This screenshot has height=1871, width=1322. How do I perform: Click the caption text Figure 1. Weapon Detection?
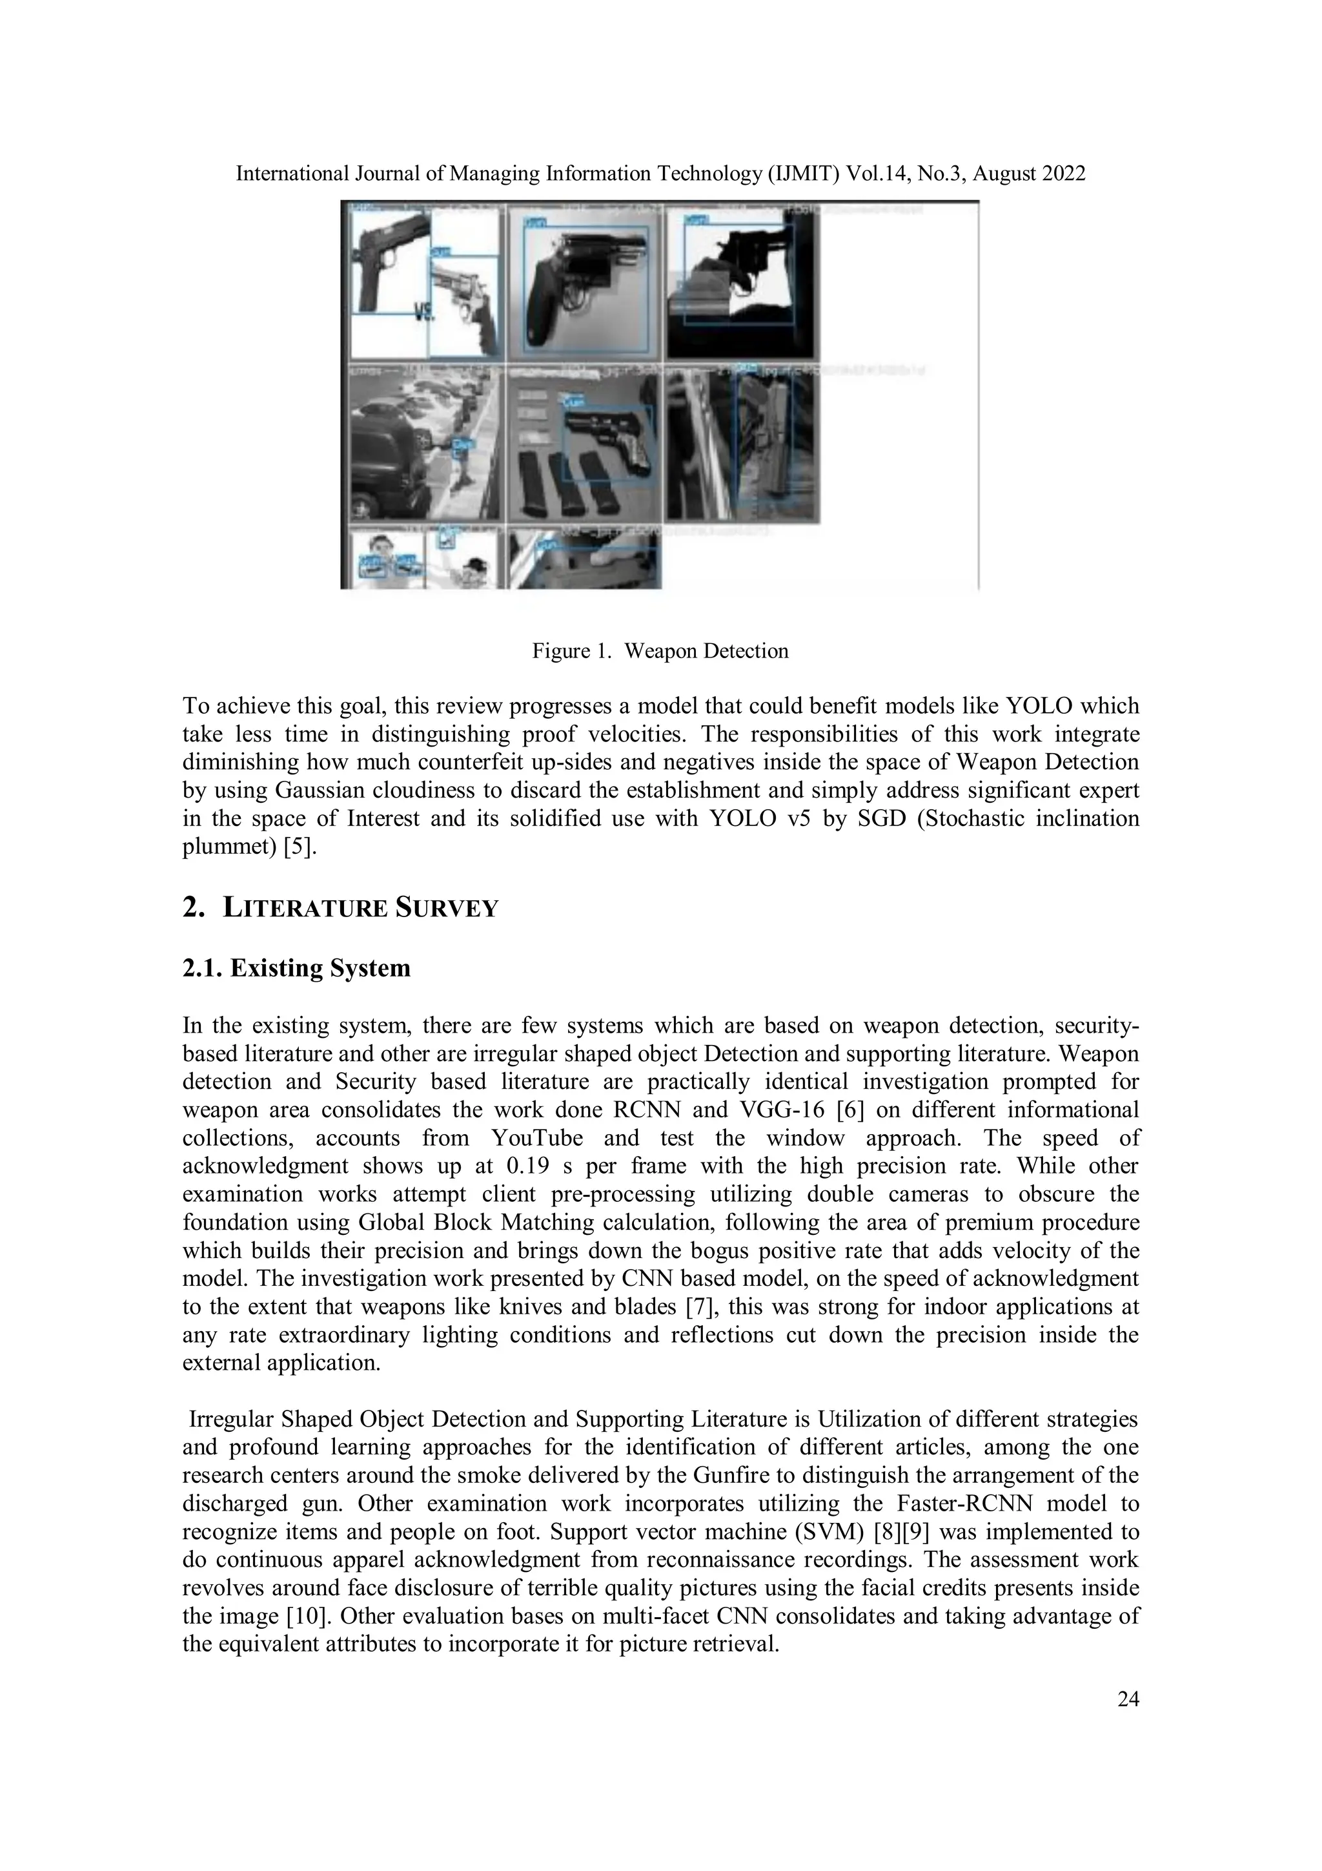click(x=660, y=651)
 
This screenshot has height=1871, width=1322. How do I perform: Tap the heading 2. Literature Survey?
click(x=340, y=908)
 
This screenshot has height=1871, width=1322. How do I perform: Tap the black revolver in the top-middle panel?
click(x=570, y=281)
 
